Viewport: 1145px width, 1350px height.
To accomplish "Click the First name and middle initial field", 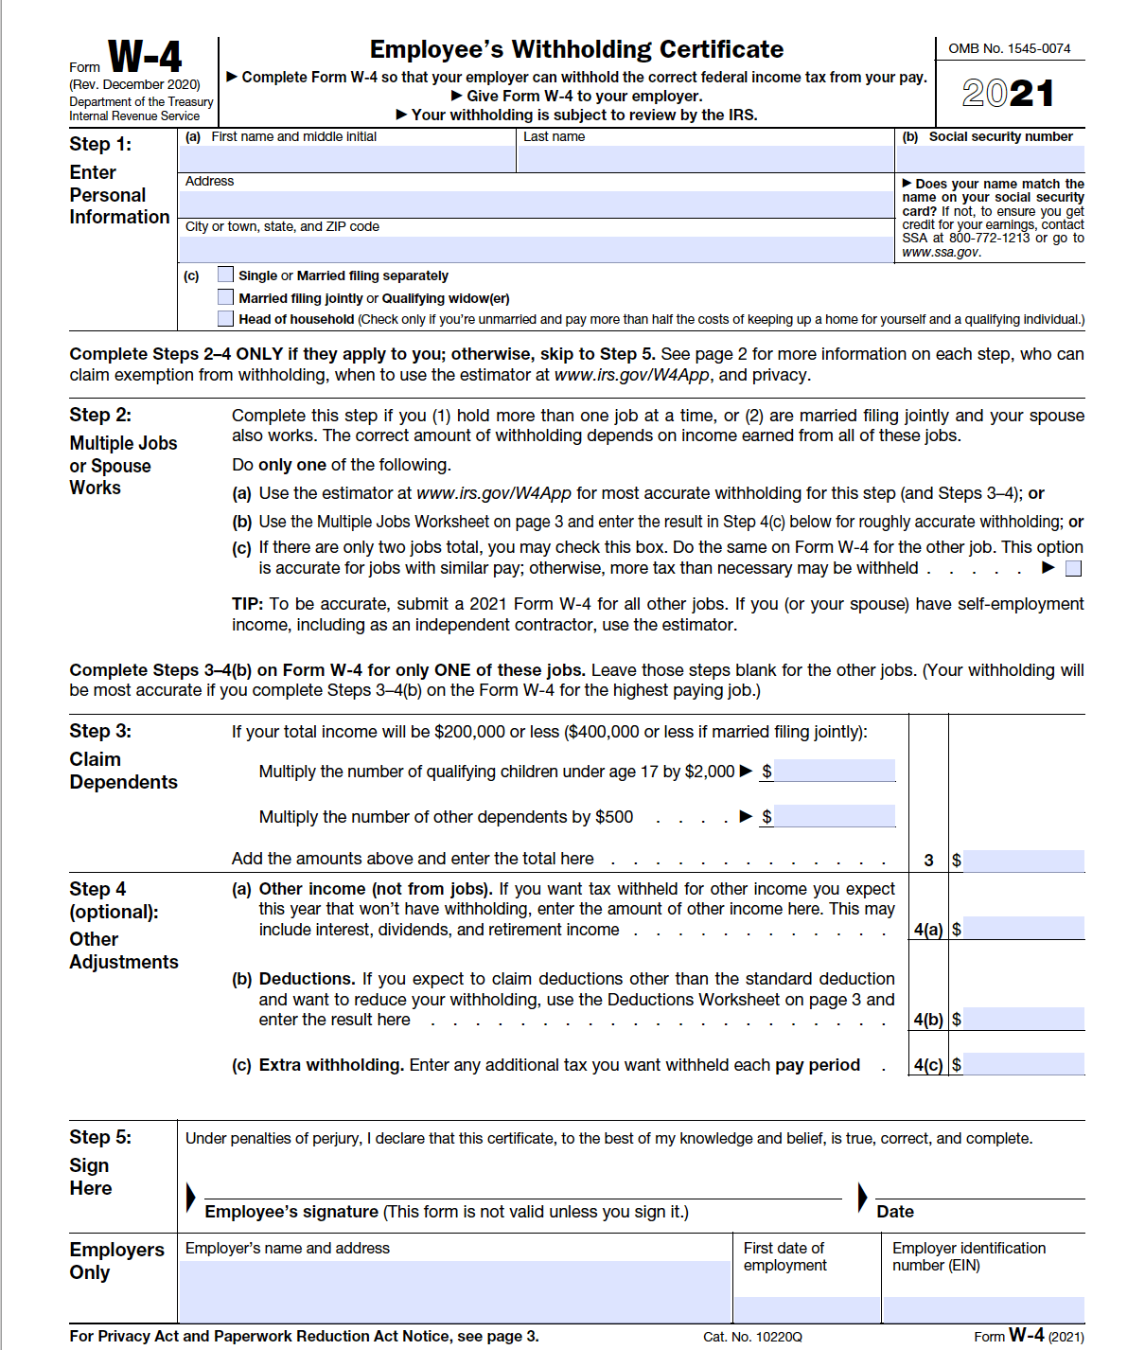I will (346, 158).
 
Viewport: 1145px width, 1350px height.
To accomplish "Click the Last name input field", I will (705, 158).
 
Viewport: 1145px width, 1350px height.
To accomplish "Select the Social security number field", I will (991, 158).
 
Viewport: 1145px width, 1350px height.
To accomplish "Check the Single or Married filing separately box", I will (225, 275).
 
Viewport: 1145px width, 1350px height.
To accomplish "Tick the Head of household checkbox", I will (225, 319).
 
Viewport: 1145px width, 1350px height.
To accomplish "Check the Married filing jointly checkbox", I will (225, 297).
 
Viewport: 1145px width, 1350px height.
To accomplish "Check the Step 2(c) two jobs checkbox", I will (1073, 568).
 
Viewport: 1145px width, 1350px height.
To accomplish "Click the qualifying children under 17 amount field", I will (835, 771).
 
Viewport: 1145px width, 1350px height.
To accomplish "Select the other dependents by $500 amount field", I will (835, 816).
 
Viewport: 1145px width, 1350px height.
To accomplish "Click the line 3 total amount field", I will (1025, 861).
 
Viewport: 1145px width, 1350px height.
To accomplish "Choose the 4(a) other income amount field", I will (1025, 929).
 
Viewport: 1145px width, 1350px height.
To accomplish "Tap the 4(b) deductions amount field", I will (1025, 1020).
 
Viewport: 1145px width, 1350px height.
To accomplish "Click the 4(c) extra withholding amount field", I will (1025, 1064).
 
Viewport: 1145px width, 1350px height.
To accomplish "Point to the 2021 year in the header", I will (1009, 93).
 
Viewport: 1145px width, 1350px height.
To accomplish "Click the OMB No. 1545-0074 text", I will (1009, 48).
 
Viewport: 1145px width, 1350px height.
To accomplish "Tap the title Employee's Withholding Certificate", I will (576, 49).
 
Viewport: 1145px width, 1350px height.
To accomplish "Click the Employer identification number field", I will (983, 1309).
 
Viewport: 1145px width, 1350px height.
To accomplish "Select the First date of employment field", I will (806, 1309).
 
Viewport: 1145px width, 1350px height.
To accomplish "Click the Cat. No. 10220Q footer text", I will (752, 1337).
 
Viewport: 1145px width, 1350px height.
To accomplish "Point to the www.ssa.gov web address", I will (941, 252).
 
